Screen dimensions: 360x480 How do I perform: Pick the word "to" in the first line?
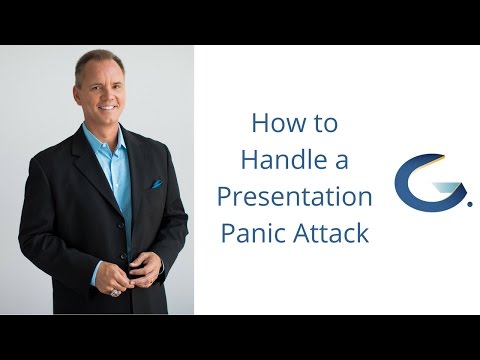[325, 124]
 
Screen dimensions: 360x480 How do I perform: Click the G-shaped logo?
[417, 180]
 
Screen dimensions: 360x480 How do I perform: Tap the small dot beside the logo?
[469, 202]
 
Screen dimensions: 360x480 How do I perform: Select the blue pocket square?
[156, 184]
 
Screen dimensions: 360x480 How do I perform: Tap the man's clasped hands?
[139, 268]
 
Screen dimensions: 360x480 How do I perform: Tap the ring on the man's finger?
[116, 293]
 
